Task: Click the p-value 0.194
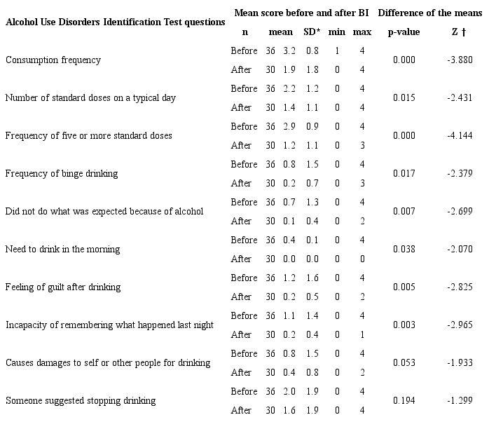click(404, 401)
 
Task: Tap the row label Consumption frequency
click(53, 60)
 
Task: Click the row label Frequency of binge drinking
click(62, 173)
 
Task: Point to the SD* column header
click(311, 32)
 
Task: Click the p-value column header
click(404, 32)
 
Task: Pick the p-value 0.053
click(404, 363)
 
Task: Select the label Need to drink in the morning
click(62, 249)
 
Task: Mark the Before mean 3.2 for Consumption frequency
click(289, 50)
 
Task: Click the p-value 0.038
click(404, 249)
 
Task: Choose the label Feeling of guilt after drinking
click(63, 287)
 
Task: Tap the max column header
click(362, 32)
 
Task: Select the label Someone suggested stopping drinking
click(81, 401)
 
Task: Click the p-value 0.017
click(404, 173)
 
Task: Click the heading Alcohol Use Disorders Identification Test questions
click(116, 22)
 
